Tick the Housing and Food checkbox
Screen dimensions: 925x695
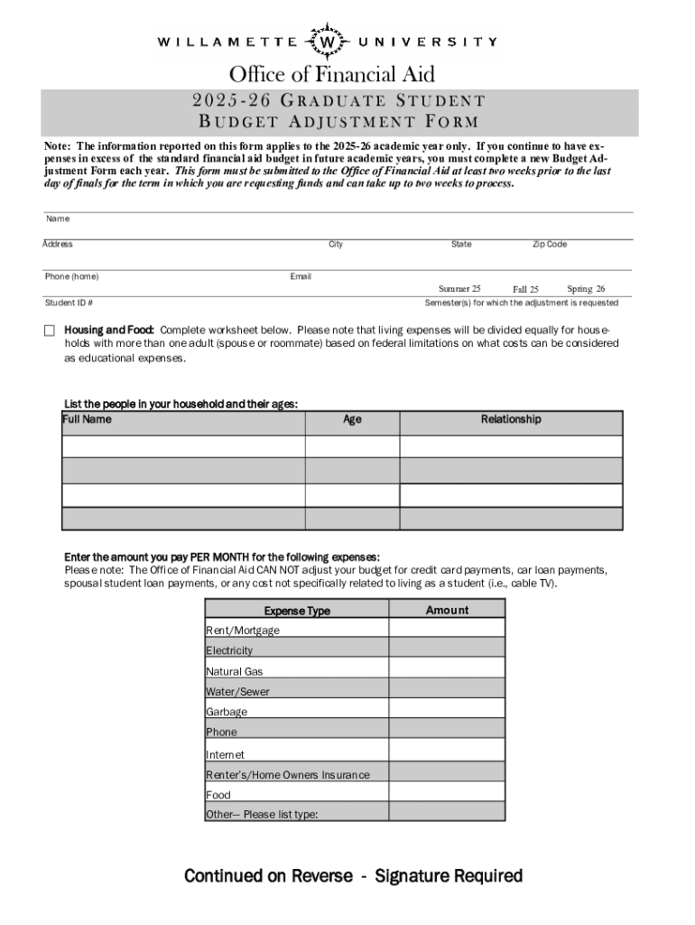point(51,331)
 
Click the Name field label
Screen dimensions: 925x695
point(58,219)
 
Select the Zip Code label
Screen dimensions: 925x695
point(549,244)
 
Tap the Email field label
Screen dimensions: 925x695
point(300,276)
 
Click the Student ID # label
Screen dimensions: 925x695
point(69,303)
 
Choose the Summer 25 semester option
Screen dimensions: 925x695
point(459,288)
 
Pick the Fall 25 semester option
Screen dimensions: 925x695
point(525,289)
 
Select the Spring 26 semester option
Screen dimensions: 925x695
point(586,288)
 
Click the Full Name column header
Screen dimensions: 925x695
point(88,420)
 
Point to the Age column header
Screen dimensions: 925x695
point(352,420)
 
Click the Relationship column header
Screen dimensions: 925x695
point(511,419)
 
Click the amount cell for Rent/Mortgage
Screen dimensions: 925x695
point(447,630)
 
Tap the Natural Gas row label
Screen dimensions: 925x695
point(235,671)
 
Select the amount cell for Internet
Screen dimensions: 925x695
point(447,752)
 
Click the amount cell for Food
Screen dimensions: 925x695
point(447,793)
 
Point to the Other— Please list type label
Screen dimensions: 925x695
point(262,814)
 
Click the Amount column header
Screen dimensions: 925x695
point(447,611)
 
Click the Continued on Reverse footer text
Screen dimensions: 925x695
point(353,875)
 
